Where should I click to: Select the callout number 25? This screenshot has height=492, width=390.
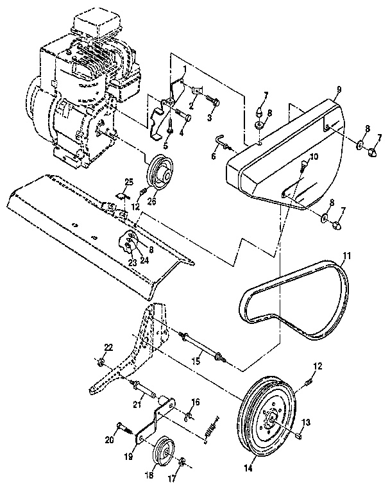tap(128, 182)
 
